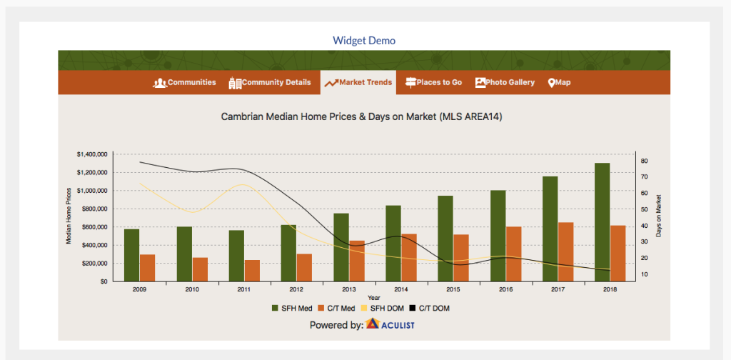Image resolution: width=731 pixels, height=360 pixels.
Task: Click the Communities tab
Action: (x=185, y=83)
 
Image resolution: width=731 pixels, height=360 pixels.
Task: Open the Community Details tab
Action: (x=269, y=83)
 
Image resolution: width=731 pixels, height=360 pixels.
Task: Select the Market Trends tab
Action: (x=358, y=83)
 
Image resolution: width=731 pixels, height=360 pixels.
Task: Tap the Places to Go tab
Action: (x=433, y=83)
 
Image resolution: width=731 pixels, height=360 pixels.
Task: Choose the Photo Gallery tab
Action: (x=505, y=83)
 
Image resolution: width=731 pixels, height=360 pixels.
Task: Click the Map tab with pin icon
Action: (x=559, y=83)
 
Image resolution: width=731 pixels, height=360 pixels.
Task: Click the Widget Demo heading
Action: (x=364, y=41)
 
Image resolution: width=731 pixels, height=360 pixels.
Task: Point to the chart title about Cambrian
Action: (x=361, y=117)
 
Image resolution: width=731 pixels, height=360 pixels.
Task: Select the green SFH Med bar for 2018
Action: (x=602, y=222)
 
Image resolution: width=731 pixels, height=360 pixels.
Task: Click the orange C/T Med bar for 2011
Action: (x=252, y=271)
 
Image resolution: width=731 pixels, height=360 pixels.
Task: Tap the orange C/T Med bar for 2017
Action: (x=565, y=252)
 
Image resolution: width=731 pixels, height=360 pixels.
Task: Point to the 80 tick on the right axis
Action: (x=644, y=161)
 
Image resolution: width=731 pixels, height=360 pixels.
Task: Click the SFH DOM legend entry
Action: (x=383, y=309)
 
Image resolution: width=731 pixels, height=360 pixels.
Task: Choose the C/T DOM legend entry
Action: (x=429, y=309)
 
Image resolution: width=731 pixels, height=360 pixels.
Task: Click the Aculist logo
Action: (x=390, y=324)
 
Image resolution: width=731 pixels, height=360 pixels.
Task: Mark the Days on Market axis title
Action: (x=659, y=216)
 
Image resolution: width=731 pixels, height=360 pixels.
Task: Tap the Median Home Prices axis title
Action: (x=69, y=216)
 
